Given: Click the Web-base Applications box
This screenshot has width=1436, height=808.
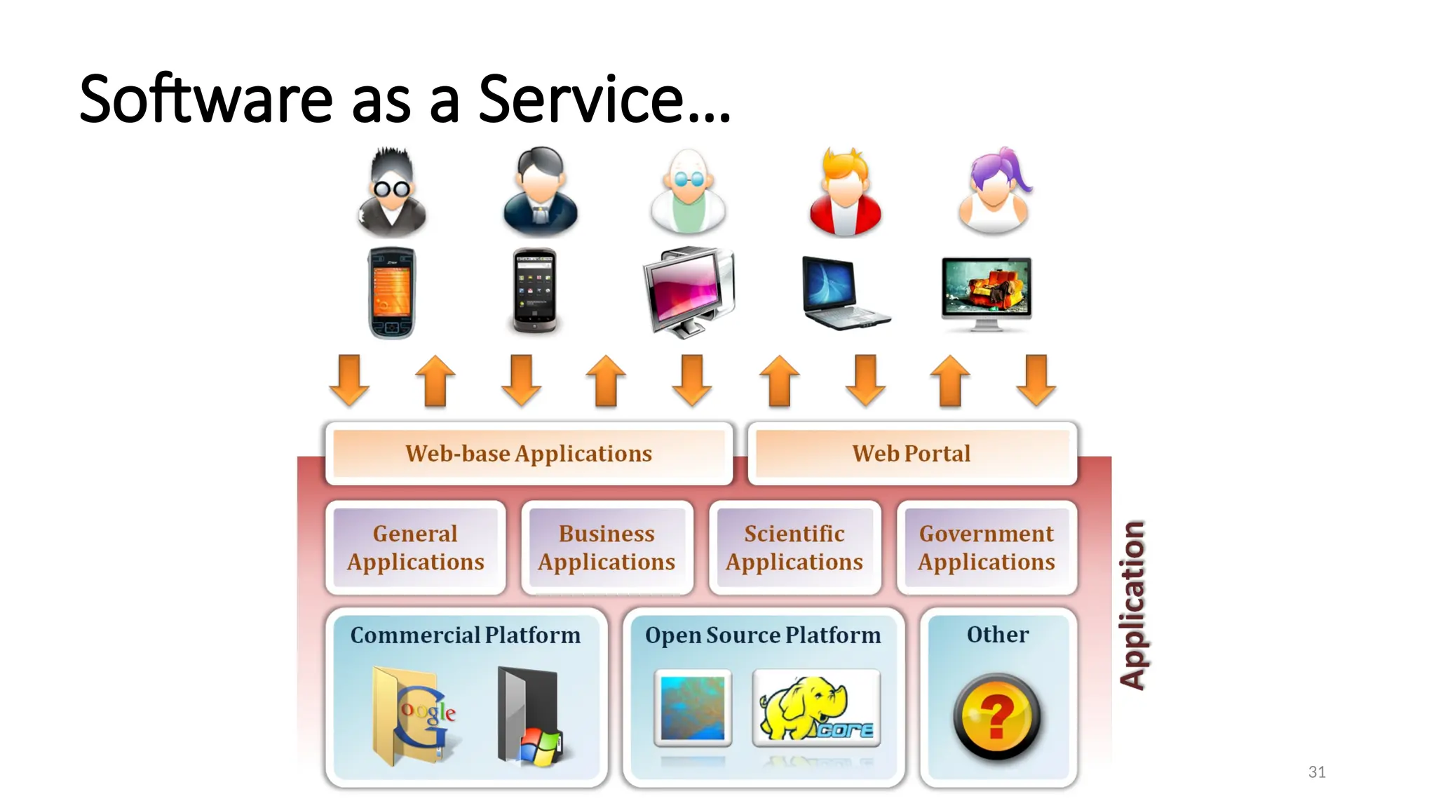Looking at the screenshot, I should [x=529, y=454].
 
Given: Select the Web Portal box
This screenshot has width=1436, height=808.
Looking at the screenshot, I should [x=912, y=454].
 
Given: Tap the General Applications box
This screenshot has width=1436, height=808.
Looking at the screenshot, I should [x=416, y=548].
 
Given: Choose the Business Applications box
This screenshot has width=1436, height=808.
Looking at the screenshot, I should [x=607, y=548].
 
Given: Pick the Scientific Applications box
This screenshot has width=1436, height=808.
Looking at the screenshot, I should [x=794, y=548].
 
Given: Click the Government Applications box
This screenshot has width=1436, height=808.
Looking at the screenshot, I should [x=987, y=548].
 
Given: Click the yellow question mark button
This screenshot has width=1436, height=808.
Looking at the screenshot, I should [x=996, y=716].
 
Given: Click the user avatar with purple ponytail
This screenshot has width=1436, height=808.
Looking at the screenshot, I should [x=994, y=191].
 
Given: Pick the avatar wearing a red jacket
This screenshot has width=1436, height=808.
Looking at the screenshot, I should [x=845, y=192].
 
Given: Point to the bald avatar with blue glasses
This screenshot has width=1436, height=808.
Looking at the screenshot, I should [x=688, y=191].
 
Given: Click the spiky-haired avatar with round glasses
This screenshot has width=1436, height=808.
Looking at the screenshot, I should [x=391, y=191].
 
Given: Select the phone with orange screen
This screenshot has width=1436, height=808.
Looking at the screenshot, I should [x=392, y=293].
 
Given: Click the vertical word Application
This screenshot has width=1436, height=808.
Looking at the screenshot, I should [x=1132, y=605].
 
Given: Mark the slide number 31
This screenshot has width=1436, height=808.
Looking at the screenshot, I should [x=1317, y=772].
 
